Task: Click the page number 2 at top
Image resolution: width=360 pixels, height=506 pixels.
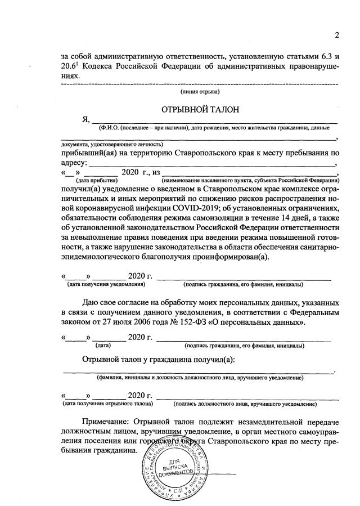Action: pos(337,35)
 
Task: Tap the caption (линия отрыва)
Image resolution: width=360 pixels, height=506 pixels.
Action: pos(200,92)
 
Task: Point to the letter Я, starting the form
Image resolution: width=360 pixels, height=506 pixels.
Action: pos(85,119)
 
